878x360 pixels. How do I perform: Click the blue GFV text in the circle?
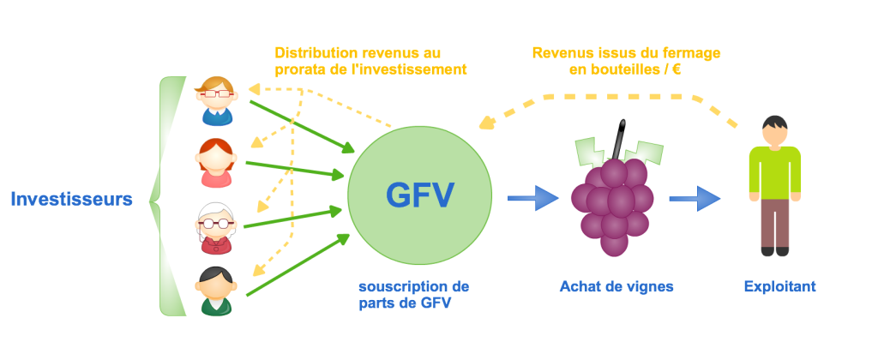[x=419, y=196]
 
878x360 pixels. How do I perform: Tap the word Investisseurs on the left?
[x=71, y=200]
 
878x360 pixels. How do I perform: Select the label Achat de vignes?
[x=616, y=286]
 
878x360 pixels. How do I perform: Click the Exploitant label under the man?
[x=779, y=286]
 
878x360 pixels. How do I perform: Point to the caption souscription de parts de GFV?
[x=414, y=293]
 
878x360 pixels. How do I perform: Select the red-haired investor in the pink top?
[x=214, y=163]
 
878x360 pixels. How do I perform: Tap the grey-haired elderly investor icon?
[x=214, y=227]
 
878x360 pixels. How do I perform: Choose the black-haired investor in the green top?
[x=213, y=290]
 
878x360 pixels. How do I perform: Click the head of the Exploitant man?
[x=774, y=132]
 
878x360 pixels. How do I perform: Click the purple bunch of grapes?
[x=613, y=205]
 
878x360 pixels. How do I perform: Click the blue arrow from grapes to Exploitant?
[x=694, y=199]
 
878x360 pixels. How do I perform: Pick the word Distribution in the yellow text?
[x=308, y=53]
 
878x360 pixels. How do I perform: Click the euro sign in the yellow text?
[x=677, y=69]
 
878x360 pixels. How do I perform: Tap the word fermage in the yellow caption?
[x=689, y=53]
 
